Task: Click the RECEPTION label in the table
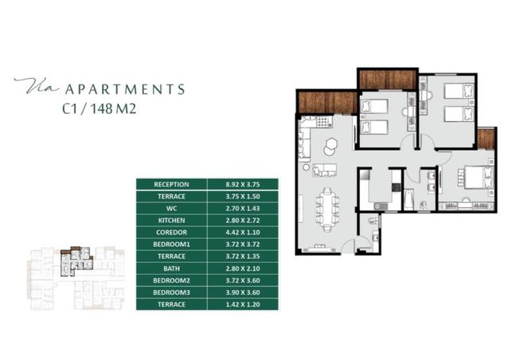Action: (x=171, y=185)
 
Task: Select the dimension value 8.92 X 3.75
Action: (x=243, y=185)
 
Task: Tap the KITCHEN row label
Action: (x=171, y=221)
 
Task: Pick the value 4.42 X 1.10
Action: (x=243, y=233)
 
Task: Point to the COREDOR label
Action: (x=171, y=233)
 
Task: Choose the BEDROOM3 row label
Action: (x=171, y=292)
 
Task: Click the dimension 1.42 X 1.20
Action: (x=243, y=304)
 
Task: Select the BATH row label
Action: (x=171, y=268)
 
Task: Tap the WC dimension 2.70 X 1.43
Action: (x=243, y=209)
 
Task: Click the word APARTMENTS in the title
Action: (x=125, y=89)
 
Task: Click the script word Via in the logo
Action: (x=37, y=85)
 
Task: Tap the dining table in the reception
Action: (x=327, y=209)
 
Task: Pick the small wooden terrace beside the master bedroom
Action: (x=486, y=139)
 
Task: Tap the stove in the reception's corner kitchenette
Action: (x=324, y=122)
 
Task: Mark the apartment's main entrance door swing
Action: (x=347, y=246)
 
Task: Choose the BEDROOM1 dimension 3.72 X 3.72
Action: (x=243, y=245)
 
